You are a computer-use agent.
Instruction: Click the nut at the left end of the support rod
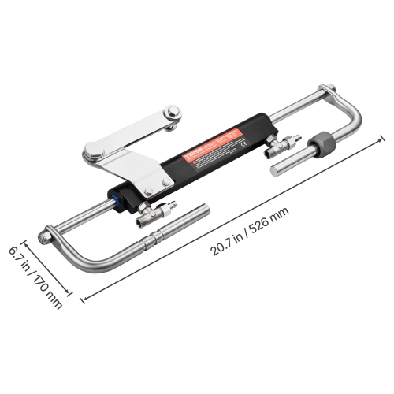pos(49,232)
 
